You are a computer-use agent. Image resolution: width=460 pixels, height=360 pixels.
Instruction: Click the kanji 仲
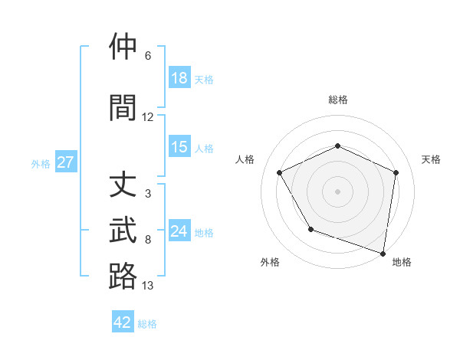tap(123, 47)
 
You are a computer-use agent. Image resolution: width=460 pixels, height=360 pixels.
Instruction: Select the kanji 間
tap(123, 108)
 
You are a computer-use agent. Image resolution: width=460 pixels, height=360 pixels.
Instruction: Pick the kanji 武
tap(123, 231)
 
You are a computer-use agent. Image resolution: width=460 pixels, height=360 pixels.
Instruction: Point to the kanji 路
tap(123, 277)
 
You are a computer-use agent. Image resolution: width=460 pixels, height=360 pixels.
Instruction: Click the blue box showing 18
tap(179, 78)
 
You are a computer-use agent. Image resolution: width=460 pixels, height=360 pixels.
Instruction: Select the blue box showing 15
tap(179, 147)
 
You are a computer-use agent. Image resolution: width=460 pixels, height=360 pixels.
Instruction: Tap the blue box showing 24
tap(179, 231)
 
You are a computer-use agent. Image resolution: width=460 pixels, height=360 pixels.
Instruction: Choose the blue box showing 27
tap(65, 162)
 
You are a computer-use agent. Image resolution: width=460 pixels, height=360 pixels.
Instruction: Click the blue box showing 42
tap(123, 322)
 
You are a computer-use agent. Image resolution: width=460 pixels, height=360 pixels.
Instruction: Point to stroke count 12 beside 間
tap(148, 117)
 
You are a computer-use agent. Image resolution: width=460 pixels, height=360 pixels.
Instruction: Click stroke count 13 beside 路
tap(148, 286)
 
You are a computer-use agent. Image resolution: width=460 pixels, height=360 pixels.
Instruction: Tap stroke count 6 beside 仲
tap(148, 56)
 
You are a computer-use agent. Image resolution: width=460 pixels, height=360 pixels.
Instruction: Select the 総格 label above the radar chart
tap(338, 100)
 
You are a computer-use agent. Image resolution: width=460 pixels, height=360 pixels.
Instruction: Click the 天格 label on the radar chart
tap(431, 159)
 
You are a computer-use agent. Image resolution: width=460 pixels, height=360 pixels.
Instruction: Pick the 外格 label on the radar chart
tap(270, 262)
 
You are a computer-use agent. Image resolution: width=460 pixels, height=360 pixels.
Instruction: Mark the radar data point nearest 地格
tap(383, 253)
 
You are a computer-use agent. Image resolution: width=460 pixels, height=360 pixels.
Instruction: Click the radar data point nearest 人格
tap(280, 172)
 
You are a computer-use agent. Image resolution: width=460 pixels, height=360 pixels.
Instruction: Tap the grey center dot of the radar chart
tap(337, 191)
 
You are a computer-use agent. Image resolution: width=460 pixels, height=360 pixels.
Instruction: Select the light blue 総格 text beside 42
tap(147, 324)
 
